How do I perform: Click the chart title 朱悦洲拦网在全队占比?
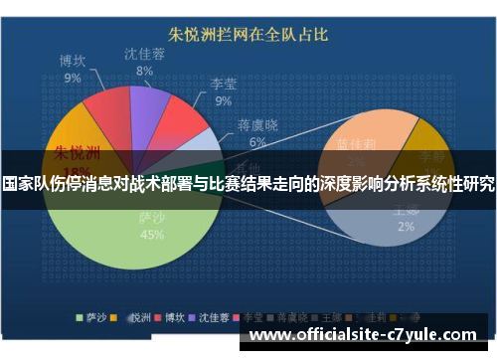248,34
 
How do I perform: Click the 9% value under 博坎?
73,77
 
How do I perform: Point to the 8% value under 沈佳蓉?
145,71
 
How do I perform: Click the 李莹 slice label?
223,85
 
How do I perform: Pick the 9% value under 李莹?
223,100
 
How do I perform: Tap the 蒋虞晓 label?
257,125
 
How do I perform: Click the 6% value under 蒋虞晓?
257,141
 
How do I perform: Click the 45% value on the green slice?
152,235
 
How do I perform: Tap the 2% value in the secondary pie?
406,227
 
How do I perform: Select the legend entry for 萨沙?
94,319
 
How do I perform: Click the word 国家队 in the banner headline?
26,185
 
